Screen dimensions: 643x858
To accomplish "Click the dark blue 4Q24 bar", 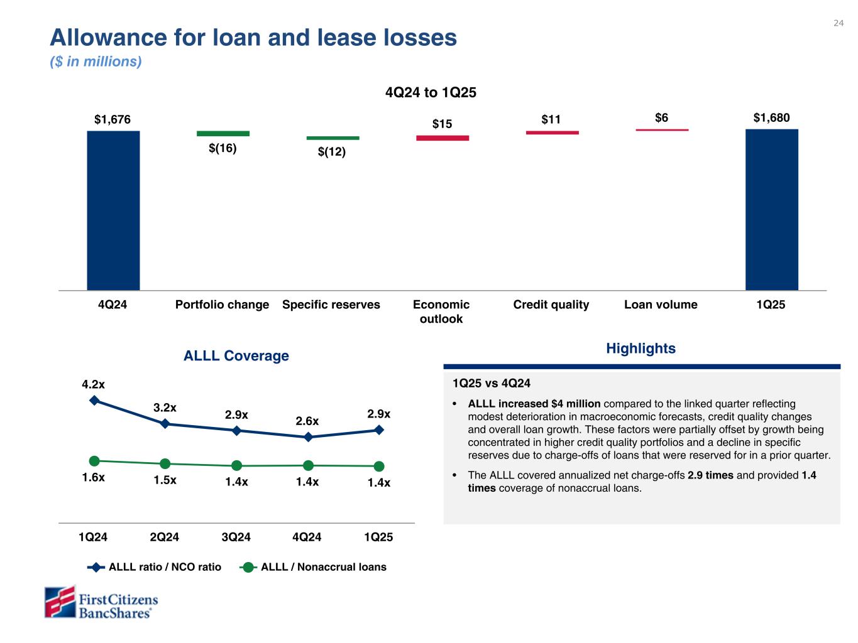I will pos(113,210).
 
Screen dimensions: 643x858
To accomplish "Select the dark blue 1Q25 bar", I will pos(771,210).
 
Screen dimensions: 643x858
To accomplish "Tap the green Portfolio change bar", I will pos(223,134).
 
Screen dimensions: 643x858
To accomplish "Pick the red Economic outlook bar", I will pos(442,138).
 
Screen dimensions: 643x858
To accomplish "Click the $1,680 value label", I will pos(771,117).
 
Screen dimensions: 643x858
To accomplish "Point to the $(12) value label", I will pos(332,152).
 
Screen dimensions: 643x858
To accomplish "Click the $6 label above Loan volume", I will pos(661,117).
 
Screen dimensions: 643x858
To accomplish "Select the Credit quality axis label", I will pos(551,305).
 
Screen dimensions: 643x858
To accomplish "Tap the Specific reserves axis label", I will pos(331,305).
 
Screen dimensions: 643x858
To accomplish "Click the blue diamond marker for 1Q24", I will pos(94,400).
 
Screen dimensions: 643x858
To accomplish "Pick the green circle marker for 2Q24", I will pos(165,463).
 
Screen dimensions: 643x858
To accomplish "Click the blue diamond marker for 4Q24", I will pos(308,437).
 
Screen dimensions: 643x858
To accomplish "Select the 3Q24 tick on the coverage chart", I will pos(236,537).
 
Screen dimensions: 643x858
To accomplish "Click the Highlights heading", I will pos(641,349).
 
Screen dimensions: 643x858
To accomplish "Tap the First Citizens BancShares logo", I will pos(101,602).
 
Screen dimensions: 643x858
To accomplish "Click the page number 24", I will pos(839,23).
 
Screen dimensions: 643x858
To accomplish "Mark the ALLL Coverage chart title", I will pos(236,356).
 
